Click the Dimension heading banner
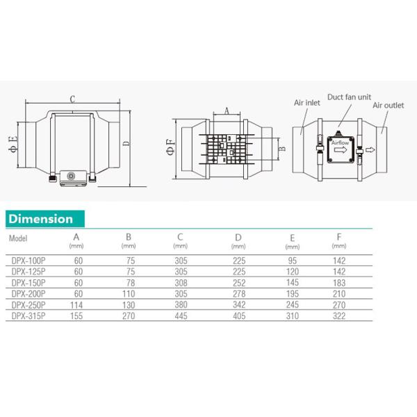pos(45,219)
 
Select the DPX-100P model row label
pos(28,261)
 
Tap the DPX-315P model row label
pos(28,316)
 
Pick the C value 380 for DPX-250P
pos(181,305)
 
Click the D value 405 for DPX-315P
pos(239,316)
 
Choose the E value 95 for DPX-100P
pos(293,261)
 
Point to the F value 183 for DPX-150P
pos(339,283)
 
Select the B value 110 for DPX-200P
pos(129,294)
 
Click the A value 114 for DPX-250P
pos(76,305)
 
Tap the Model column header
pos(18,238)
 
